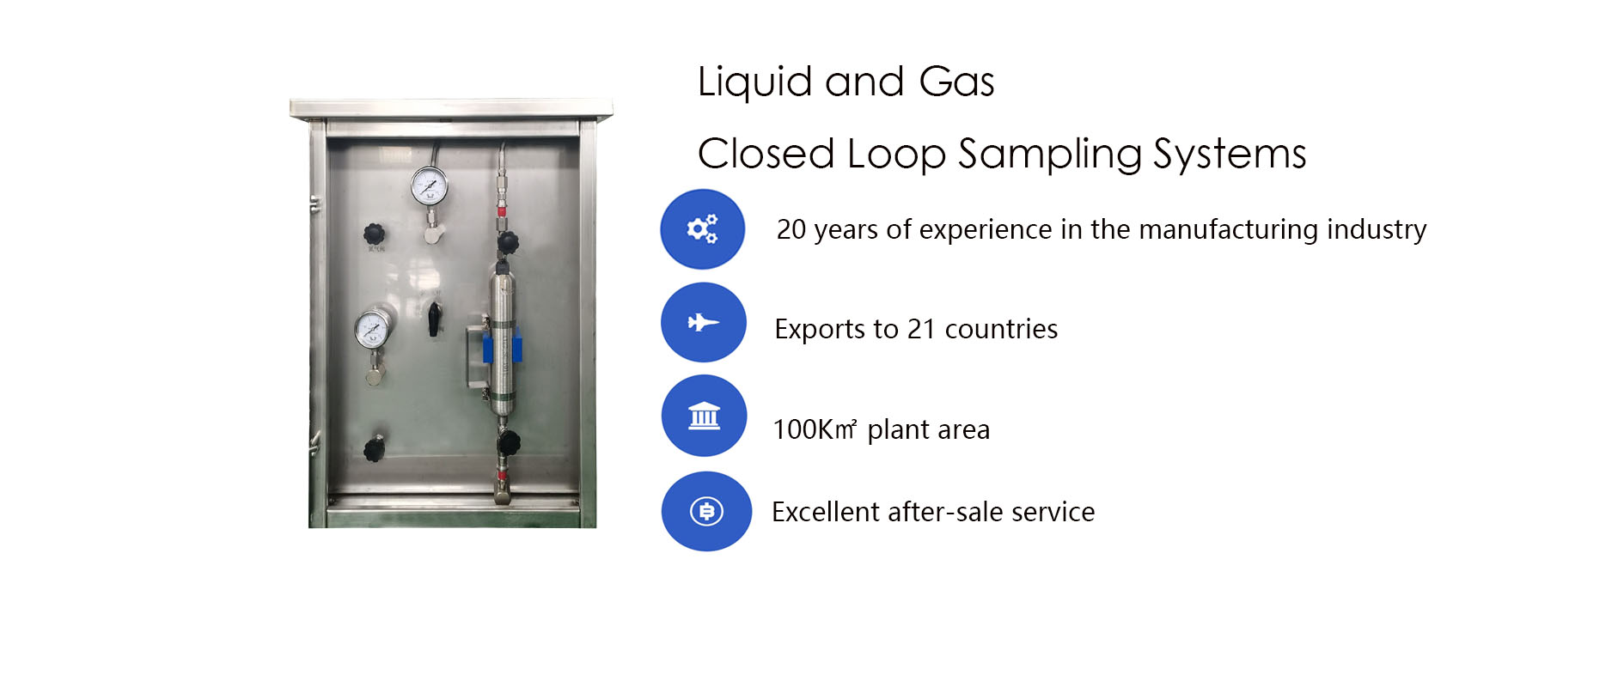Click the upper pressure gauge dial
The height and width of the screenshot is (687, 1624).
[429, 186]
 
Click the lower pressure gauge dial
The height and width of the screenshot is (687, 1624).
[372, 329]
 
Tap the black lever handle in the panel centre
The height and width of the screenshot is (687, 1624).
[435, 318]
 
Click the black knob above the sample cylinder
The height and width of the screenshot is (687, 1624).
[508, 242]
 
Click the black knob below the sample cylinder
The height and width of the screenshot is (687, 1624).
[508, 443]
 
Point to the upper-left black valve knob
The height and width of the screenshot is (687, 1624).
[374, 234]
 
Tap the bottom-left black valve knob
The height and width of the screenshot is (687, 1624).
[374, 448]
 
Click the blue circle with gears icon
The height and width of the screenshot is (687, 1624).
[703, 229]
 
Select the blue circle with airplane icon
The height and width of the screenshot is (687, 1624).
[704, 322]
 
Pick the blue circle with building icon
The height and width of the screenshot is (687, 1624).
[705, 416]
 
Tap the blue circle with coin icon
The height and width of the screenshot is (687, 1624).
[706, 512]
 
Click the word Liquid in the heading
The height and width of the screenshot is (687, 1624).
[755, 83]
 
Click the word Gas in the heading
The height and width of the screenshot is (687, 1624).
[956, 82]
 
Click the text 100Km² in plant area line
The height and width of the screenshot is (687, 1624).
[815, 429]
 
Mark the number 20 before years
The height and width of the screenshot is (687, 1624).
[791, 229]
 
